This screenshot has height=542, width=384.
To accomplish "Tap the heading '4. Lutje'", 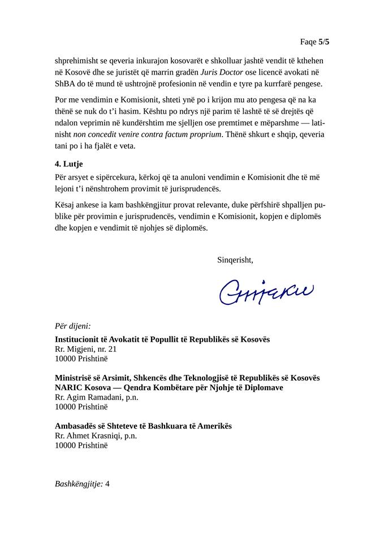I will click(69, 165).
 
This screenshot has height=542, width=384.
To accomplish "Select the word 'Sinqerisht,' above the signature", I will click(235, 260).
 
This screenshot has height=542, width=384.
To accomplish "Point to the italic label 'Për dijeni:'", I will click(73, 326).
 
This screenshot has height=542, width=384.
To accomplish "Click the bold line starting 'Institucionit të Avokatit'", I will click(162, 339).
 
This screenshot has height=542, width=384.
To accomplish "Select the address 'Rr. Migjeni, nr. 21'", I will click(85, 349).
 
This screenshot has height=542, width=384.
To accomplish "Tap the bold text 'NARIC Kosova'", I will click(81, 387).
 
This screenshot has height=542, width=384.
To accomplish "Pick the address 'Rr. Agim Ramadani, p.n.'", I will click(96, 397).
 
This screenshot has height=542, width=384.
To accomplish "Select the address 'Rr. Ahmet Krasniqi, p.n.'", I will click(96, 435).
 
